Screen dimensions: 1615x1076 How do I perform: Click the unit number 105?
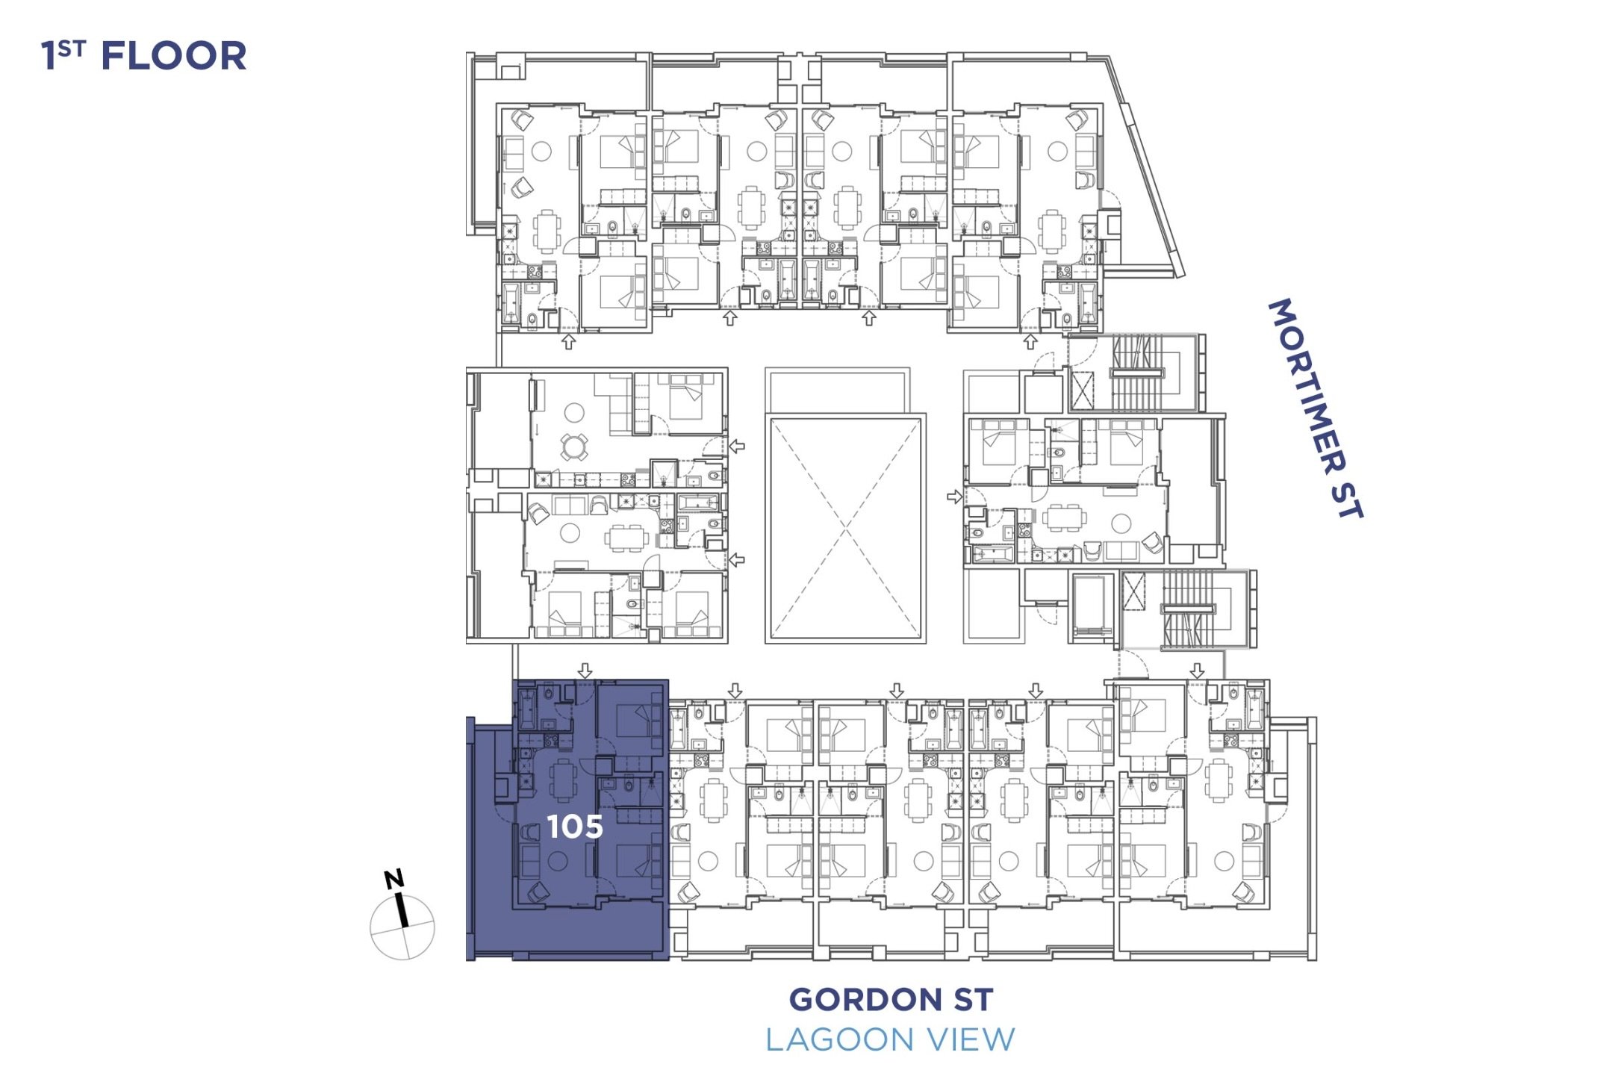pos(574,826)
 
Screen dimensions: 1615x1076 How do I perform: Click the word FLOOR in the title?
pos(173,57)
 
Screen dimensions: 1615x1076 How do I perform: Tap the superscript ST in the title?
pos(72,49)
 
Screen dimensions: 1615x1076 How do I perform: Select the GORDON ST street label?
pos(891,999)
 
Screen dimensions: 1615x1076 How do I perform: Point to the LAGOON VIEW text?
pos(890,1039)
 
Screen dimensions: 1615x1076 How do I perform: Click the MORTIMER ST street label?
pos(1316,408)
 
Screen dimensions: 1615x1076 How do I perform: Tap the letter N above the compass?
pos(394,879)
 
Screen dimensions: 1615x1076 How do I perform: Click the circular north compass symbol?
pos(402,927)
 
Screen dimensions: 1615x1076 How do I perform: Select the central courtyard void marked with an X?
pos(845,528)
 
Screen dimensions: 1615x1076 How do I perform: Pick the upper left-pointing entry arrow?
pos(737,446)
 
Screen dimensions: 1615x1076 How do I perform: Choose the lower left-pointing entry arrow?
pos(737,559)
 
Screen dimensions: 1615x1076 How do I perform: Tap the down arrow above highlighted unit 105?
pos(585,671)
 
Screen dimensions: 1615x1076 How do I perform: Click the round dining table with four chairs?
pos(573,447)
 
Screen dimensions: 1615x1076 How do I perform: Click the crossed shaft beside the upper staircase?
pos(1082,389)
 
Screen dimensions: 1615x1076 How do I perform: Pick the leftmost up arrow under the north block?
pos(569,341)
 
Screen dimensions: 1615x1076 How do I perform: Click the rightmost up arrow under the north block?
pos(1030,341)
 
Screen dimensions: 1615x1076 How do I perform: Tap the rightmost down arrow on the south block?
pos(1197,671)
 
